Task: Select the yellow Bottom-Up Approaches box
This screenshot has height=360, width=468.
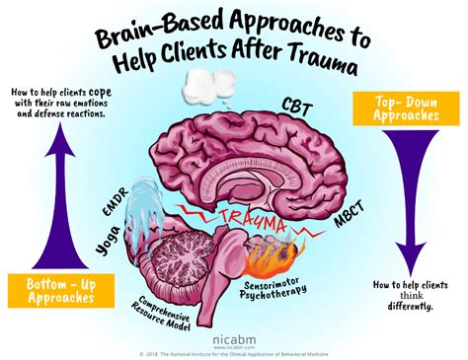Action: click(53, 288)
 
